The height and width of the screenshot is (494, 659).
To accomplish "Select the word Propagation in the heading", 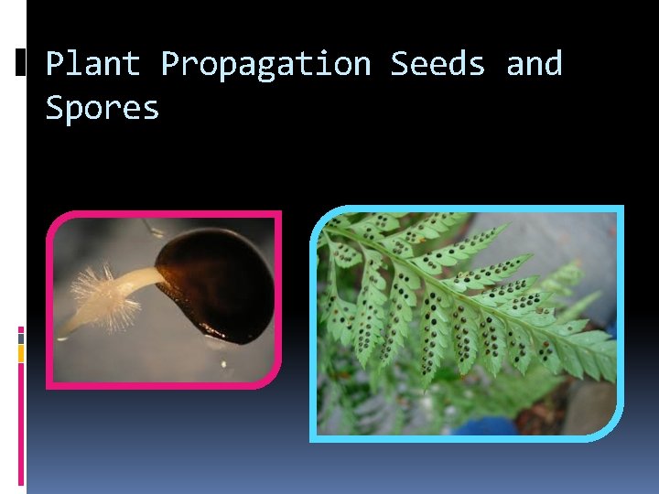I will point(265,64).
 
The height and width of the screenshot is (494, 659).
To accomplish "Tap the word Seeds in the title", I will point(438,64).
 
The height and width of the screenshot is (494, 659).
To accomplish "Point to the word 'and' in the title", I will point(534,64).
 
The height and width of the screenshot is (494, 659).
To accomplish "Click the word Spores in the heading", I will point(103,108).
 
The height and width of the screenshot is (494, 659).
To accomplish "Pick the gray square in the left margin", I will point(21,338).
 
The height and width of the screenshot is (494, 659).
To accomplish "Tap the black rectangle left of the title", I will point(21,62).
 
